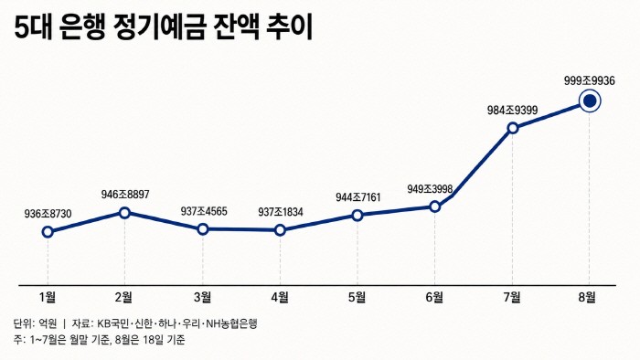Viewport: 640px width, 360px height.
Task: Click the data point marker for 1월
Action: (48, 232)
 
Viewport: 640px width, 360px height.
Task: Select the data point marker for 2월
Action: (125, 212)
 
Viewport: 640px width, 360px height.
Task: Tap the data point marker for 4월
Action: (280, 230)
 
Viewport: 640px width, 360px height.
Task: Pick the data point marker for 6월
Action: (435, 206)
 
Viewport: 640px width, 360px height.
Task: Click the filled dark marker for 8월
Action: (590, 101)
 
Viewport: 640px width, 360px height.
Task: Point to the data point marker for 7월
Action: (513, 129)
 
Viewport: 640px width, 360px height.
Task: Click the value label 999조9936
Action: (590, 80)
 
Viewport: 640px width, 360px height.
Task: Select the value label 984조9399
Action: (513, 110)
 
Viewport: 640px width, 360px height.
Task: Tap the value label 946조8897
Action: (125, 194)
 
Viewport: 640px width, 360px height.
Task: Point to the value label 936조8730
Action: (48, 214)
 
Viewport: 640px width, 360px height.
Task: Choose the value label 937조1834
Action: (281, 212)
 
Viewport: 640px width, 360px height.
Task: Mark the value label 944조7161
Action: (358, 197)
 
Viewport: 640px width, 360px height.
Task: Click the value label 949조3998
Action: (430, 189)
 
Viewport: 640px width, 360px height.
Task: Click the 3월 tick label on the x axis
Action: (202, 298)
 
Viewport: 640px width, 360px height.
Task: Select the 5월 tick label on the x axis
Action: (357, 298)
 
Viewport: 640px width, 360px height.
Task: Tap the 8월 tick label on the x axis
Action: (587, 298)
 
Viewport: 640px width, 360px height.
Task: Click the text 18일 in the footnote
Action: (154, 339)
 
